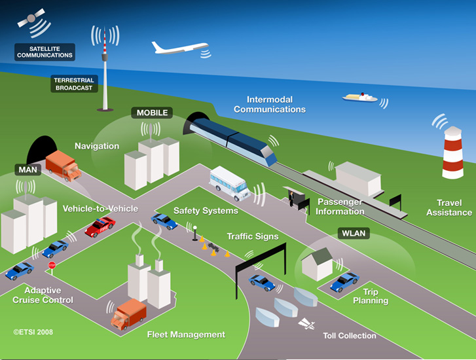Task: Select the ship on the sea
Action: pyautogui.click(x=359, y=97)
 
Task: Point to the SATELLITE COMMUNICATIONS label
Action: pyautogui.click(x=45, y=52)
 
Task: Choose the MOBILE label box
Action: pyautogui.click(x=152, y=113)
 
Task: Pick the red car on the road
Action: pyautogui.click(x=100, y=226)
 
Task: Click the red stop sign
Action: pyautogui.click(x=52, y=265)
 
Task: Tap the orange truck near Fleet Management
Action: pyautogui.click(x=128, y=315)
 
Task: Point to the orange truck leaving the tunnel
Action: pyautogui.click(x=64, y=166)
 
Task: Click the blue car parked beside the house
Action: pyautogui.click(x=344, y=281)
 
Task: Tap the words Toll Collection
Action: pyautogui.click(x=350, y=336)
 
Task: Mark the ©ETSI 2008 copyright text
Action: pyautogui.click(x=33, y=332)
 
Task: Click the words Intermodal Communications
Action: pyautogui.click(x=269, y=104)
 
